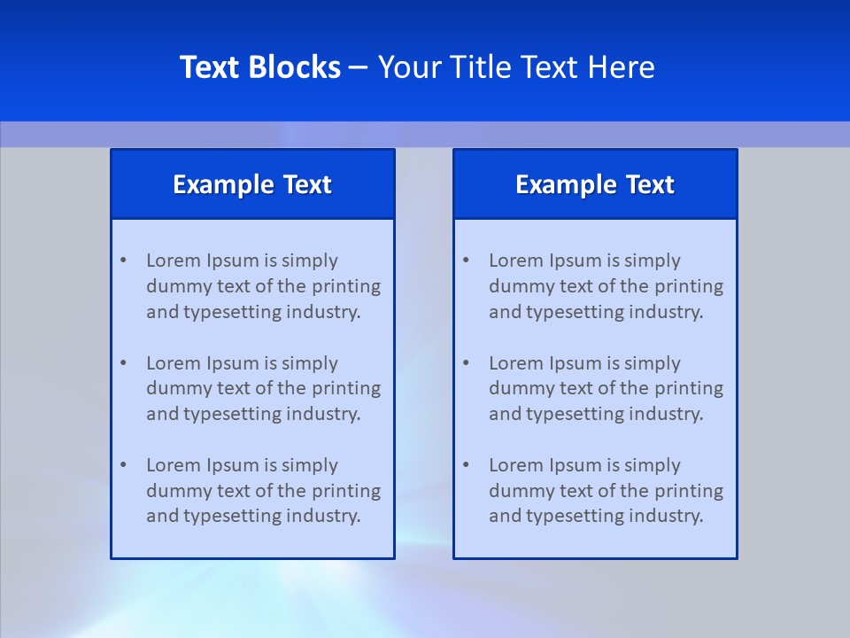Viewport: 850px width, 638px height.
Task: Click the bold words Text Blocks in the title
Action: (x=260, y=67)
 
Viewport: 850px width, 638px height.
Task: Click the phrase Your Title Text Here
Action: (x=516, y=67)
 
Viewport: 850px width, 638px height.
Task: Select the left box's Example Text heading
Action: (x=252, y=184)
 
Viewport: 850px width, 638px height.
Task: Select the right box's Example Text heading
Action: (x=595, y=184)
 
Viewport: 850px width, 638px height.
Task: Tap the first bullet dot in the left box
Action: (x=123, y=261)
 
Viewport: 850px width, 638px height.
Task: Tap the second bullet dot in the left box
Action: (x=123, y=363)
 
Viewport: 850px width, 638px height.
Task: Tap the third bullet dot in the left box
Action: (x=123, y=465)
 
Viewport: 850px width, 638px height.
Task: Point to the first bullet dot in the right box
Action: (x=466, y=261)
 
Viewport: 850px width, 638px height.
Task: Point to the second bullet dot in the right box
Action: (x=466, y=363)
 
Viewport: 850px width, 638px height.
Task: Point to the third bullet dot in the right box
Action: (x=466, y=465)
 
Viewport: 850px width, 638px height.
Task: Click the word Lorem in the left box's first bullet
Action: (x=174, y=261)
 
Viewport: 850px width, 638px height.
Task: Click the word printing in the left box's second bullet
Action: (x=346, y=388)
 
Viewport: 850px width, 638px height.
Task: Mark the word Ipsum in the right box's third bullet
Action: (x=576, y=465)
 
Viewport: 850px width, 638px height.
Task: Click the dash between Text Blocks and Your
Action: (x=359, y=67)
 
